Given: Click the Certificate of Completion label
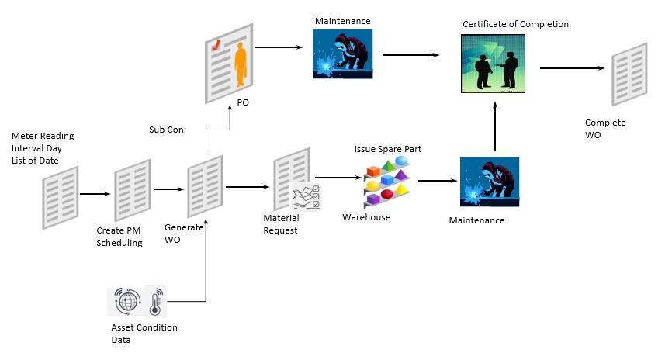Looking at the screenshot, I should [x=515, y=24].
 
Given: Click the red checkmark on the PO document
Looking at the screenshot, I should [x=219, y=45].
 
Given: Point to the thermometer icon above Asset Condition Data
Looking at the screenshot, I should [x=154, y=301].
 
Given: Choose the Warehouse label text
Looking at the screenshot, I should [x=366, y=217].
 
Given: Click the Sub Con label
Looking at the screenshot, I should [x=166, y=130].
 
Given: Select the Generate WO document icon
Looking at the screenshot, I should [x=206, y=187].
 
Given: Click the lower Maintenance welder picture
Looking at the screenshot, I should [x=489, y=183].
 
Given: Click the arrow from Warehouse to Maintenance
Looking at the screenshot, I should [x=436, y=182].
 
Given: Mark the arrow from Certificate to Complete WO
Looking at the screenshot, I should [x=573, y=68].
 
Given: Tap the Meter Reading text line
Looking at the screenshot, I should [x=43, y=137].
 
